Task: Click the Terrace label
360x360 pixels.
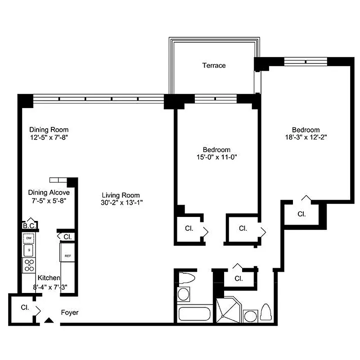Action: [x=214, y=66]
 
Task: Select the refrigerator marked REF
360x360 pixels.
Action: [x=67, y=256]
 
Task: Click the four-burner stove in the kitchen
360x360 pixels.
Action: [x=29, y=265]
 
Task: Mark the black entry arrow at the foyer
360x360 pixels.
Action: [x=49, y=320]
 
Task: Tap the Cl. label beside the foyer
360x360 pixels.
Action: [x=24, y=308]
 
